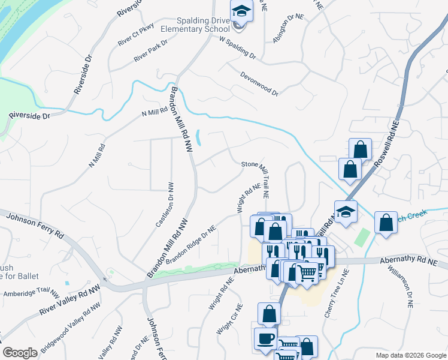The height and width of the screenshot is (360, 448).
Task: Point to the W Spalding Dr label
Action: [238, 48]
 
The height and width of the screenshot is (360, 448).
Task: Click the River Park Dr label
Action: [151, 51]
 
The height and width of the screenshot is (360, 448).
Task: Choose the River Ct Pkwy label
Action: [136, 34]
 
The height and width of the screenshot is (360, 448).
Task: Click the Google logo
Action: [20, 353]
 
